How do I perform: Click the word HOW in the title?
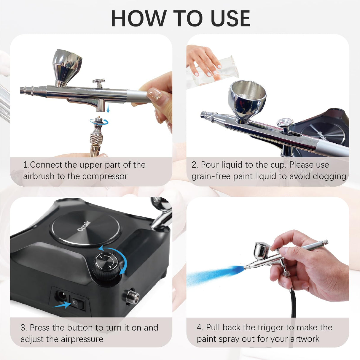pos(138,19)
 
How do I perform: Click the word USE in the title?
pos(230,19)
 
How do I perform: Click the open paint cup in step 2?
pos(247,98)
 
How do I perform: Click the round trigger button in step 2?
pos(285,122)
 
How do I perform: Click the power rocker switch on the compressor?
pos(78,303)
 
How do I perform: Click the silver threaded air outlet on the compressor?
pos(132,297)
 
